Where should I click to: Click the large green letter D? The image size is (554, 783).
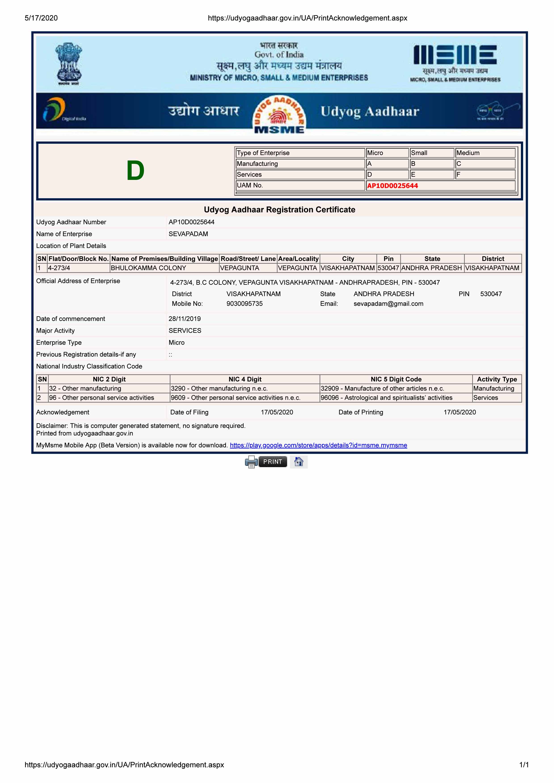[135, 171]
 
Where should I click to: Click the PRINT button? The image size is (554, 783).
[272, 462]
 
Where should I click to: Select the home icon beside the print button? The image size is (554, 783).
[299, 462]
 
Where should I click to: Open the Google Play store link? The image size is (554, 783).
[318, 445]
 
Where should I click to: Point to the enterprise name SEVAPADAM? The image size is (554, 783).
[188, 234]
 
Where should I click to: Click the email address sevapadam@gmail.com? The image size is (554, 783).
[388, 304]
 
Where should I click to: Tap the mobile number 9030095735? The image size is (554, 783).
[244, 304]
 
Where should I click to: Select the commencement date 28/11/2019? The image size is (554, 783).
[184, 319]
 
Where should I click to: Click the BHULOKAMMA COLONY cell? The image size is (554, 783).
[148, 268]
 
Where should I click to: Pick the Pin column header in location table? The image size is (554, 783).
[388, 259]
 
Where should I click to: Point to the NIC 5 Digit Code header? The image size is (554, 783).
[396, 379]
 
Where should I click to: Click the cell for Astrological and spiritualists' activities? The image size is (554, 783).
[386, 398]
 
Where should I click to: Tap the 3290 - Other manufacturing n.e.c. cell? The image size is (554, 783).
[219, 388]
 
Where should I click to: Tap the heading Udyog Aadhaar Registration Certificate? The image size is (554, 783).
[279, 210]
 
